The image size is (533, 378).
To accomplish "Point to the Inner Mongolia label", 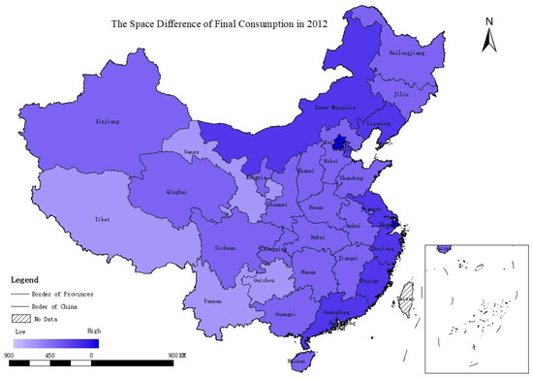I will pyautogui.click(x=330, y=107).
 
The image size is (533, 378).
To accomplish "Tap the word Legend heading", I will pyautogui.click(x=26, y=276).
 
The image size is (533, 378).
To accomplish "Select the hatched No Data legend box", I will pyautogui.click(x=20, y=317).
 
